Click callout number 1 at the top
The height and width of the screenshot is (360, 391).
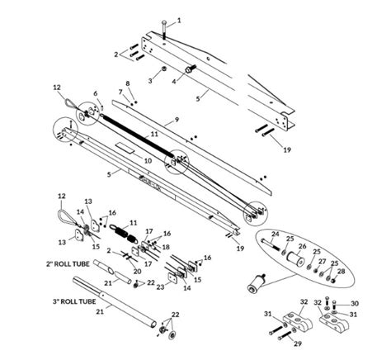[181, 19]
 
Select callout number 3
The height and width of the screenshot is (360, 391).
[150, 80]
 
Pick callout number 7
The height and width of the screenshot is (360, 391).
[120, 92]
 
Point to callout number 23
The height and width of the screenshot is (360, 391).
[161, 286]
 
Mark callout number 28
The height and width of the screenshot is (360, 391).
[342, 270]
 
